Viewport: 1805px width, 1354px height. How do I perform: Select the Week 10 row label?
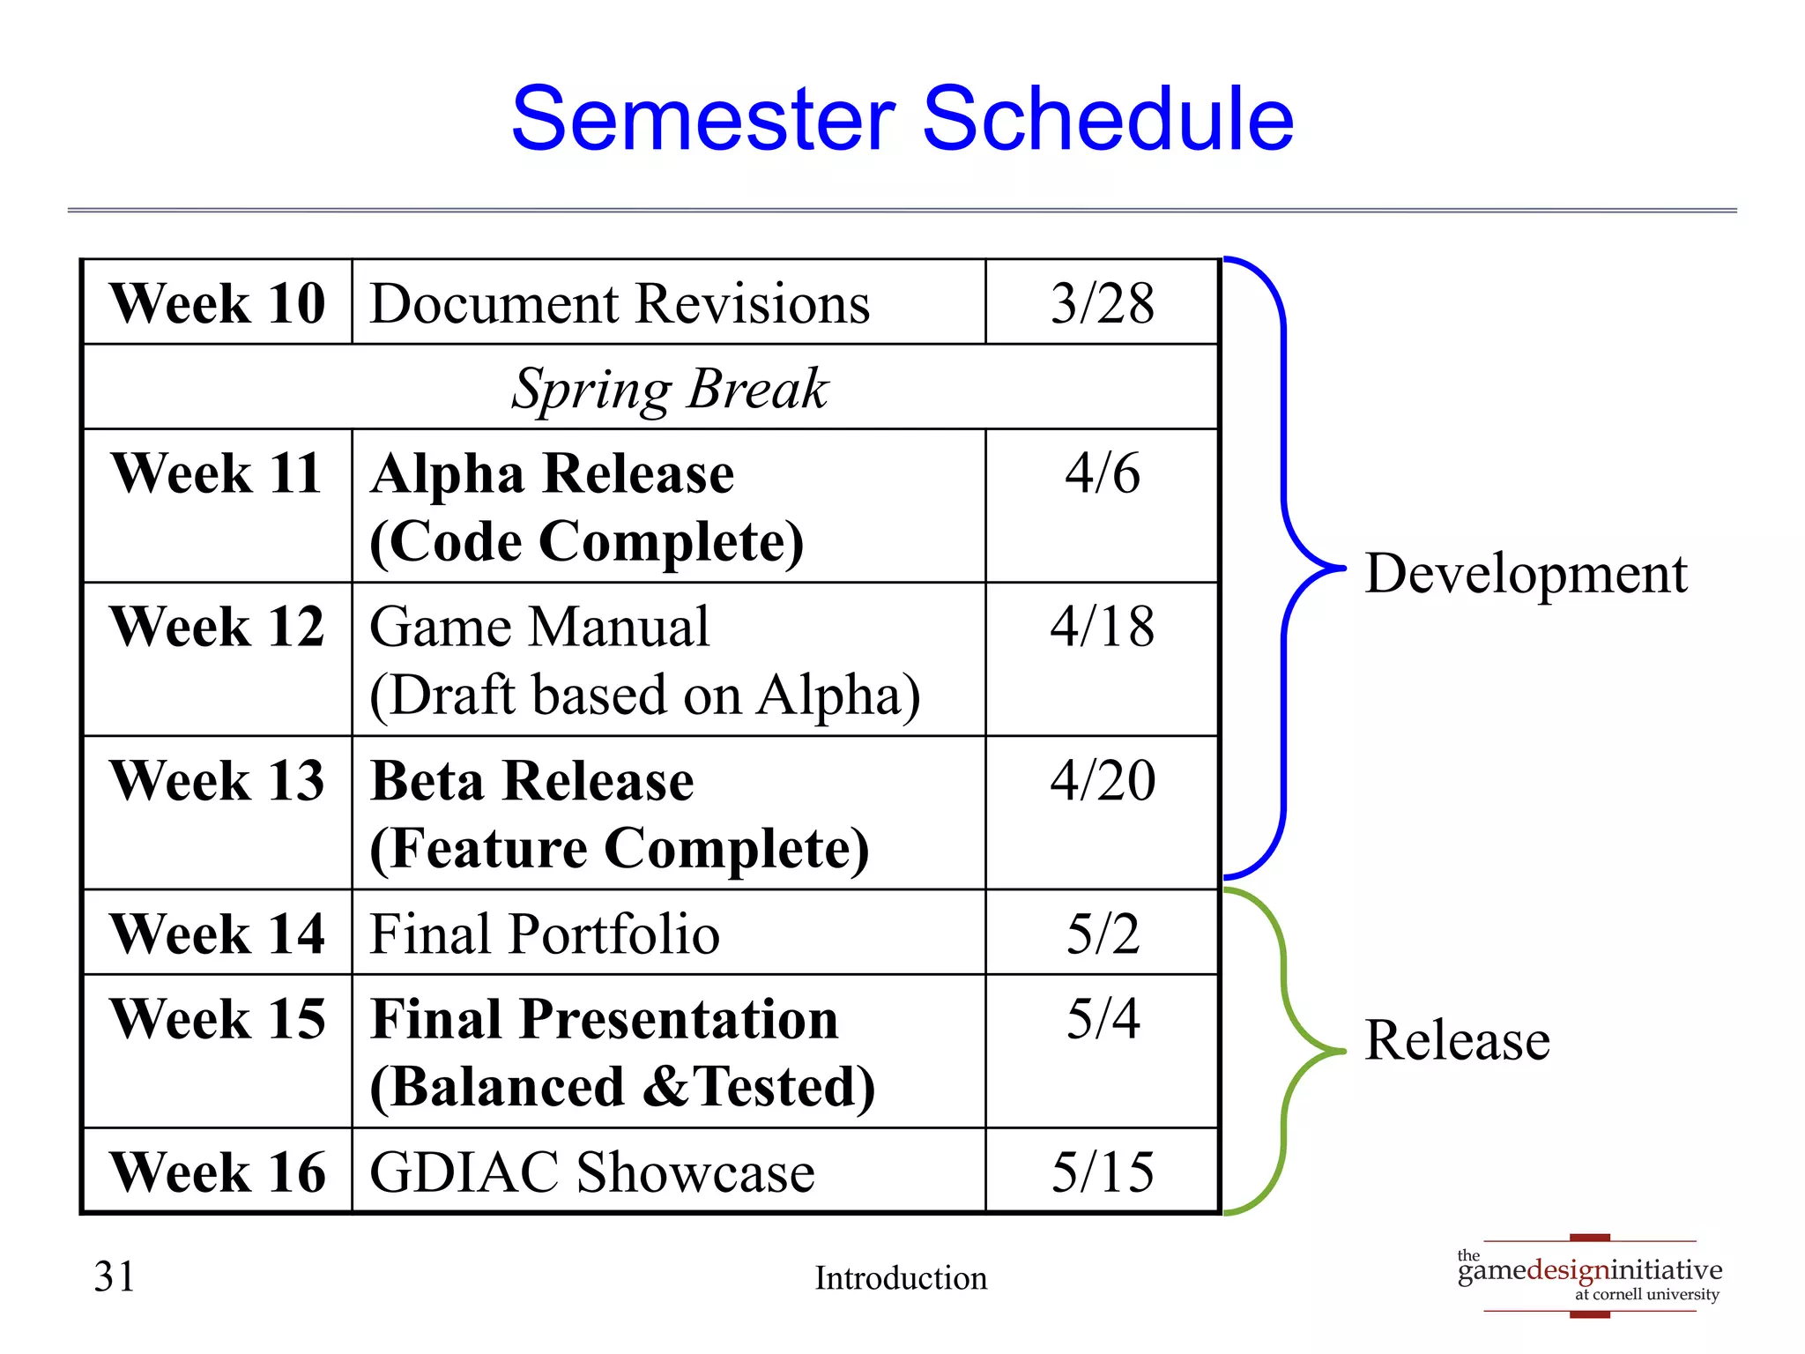click(217, 304)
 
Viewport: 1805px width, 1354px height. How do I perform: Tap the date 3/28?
click(1102, 304)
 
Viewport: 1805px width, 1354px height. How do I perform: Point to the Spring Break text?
click(670, 389)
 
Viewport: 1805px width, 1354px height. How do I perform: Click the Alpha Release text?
click(553, 474)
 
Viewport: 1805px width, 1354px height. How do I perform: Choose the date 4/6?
click(1102, 473)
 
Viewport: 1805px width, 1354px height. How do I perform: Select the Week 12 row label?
click(217, 628)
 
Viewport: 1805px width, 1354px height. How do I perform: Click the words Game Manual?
click(539, 628)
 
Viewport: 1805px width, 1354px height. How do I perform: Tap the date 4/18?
click(1102, 628)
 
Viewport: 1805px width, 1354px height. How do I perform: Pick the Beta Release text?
click(532, 782)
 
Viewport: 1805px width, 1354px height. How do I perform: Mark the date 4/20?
click(1102, 781)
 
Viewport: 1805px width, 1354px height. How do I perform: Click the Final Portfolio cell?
click(544, 934)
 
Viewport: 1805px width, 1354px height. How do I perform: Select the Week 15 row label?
click(217, 1020)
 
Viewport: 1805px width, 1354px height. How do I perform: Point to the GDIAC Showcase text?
click(591, 1173)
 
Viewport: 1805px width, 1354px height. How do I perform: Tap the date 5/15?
click(1102, 1173)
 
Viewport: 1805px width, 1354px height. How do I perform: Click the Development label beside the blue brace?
click(1525, 575)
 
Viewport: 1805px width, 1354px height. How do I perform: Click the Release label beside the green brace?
click(1456, 1041)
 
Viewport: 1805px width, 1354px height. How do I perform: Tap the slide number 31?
click(115, 1277)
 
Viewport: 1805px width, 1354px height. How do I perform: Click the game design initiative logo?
click(1589, 1276)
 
